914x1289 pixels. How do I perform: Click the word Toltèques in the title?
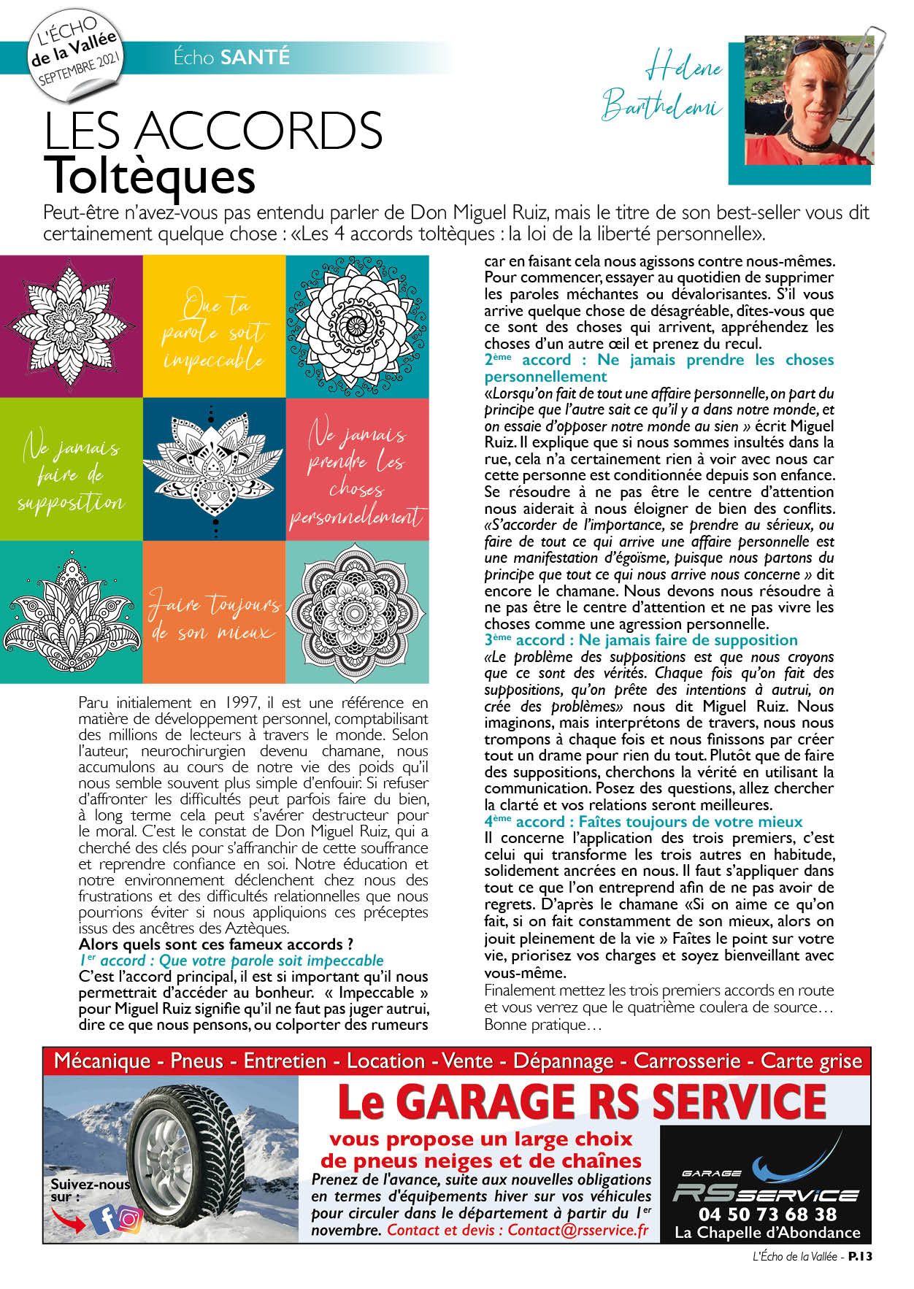click(x=149, y=176)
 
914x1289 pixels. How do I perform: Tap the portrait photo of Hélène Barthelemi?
click(x=808, y=100)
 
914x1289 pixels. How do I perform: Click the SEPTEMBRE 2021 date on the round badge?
click(x=79, y=69)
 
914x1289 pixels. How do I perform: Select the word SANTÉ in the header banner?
click(x=255, y=57)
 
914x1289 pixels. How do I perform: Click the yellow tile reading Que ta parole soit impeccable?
click(x=213, y=327)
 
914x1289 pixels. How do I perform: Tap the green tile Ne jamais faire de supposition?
click(x=71, y=469)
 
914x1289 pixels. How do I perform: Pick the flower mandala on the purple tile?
click(x=71, y=326)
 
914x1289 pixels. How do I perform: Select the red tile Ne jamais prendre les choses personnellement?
click(x=356, y=469)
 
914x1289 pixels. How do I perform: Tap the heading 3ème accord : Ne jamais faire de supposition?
click(x=640, y=640)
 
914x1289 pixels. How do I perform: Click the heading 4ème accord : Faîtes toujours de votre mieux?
click(x=642, y=822)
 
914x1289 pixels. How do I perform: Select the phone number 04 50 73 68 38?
click(x=767, y=1214)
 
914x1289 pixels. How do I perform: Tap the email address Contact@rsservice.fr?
click(x=577, y=1230)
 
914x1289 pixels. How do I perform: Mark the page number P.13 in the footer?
click(x=860, y=1256)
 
